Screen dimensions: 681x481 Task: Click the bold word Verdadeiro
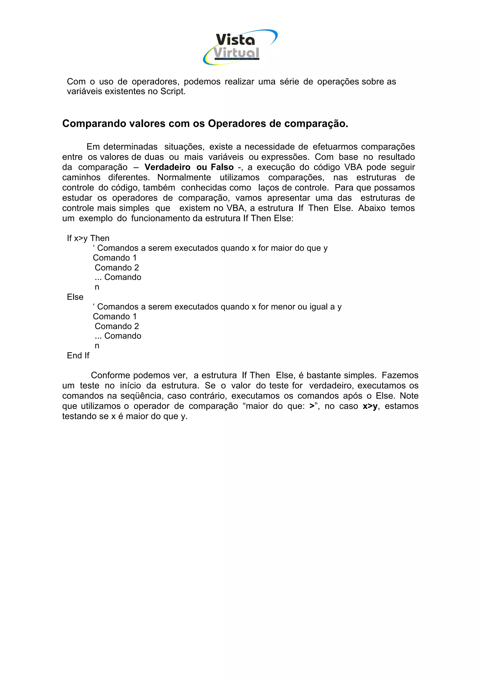coord(167,167)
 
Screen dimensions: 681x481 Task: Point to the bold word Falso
coord(222,167)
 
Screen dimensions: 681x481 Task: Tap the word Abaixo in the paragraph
coord(372,208)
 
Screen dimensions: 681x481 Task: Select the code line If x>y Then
coord(88,238)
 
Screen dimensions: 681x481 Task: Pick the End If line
coord(78,355)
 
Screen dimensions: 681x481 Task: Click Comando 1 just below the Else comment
coord(114,317)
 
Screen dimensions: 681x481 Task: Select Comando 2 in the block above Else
coord(116,267)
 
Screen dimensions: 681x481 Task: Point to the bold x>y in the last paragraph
coord(370,406)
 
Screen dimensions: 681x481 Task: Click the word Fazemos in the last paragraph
coord(400,375)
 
